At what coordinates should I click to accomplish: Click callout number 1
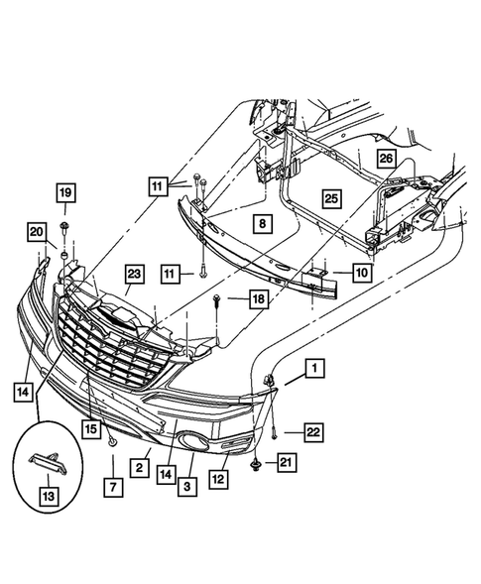click(x=313, y=370)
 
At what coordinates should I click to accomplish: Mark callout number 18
click(x=258, y=298)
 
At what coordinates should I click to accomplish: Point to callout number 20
click(x=37, y=232)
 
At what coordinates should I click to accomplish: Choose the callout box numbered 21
click(x=286, y=462)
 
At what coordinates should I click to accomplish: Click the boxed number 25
click(x=331, y=199)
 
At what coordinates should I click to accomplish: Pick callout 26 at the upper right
click(x=385, y=158)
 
